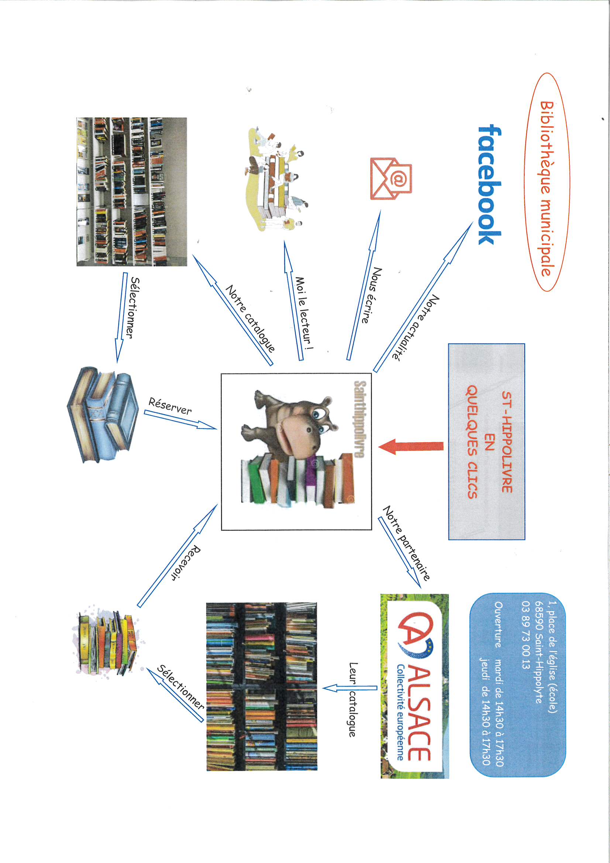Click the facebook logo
click(x=489, y=185)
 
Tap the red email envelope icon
click(x=391, y=179)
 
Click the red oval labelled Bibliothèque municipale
click(x=547, y=182)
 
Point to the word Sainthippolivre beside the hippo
click(x=360, y=419)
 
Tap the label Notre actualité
click(x=416, y=327)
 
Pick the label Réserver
click(x=170, y=406)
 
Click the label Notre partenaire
click(x=406, y=543)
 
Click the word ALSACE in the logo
click(x=419, y=714)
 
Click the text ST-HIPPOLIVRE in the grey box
click(x=507, y=441)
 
